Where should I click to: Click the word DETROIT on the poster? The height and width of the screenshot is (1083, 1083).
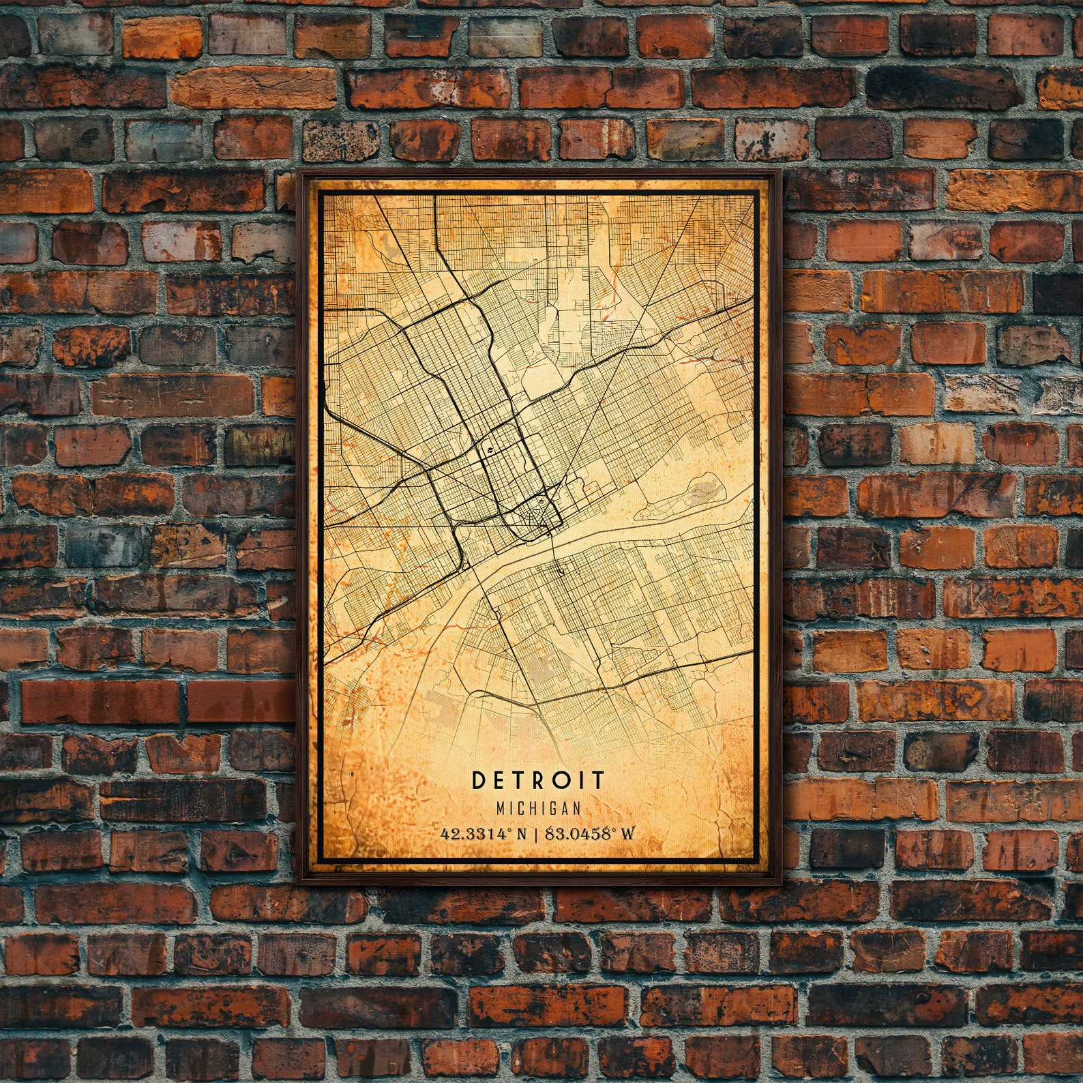(538, 780)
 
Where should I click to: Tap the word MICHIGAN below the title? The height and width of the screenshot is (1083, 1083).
(539, 808)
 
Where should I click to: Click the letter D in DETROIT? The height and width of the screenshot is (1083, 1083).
(478, 780)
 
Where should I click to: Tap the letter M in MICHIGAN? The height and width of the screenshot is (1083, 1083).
(501, 808)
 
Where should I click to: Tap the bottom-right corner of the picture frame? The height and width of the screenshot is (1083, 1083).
(782, 883)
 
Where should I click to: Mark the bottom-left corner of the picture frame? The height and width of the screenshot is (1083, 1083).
(299, 883)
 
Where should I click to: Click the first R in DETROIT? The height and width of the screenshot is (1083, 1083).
(539, 780)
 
